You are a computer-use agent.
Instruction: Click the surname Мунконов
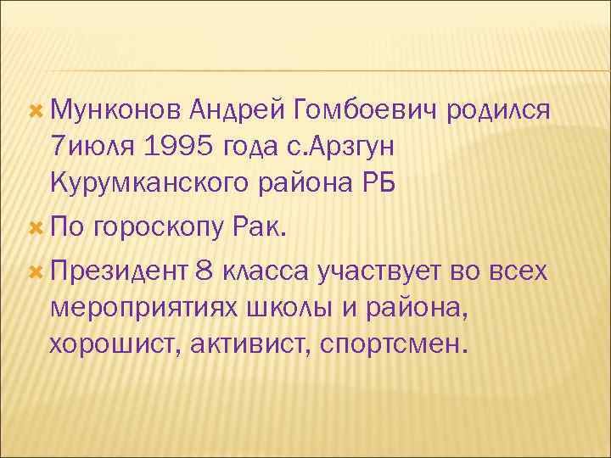click(x=115, y=110)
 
